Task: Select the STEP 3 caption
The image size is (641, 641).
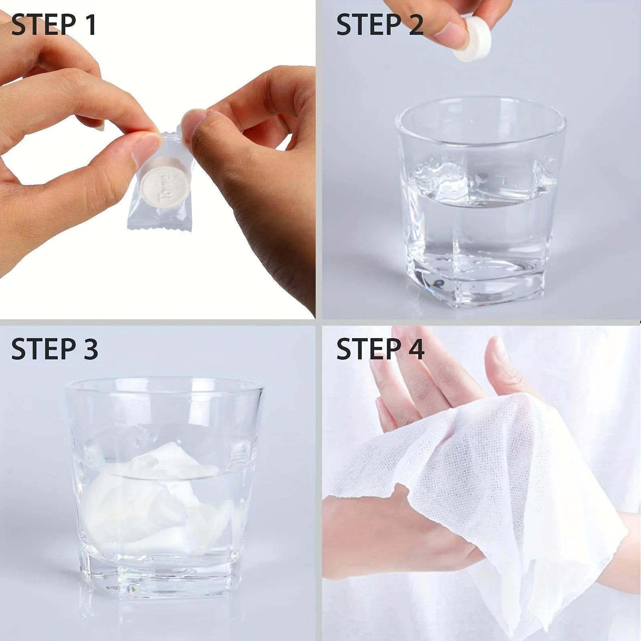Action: [54, 348]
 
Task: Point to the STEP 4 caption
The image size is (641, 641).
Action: [380, 348]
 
